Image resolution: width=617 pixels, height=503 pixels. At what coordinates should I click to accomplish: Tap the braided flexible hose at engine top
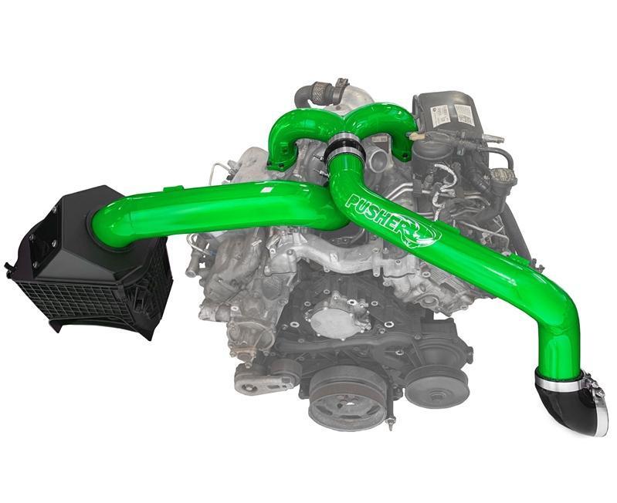(313, 96)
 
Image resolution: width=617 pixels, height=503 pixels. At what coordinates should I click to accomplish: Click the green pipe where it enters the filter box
(108, 224)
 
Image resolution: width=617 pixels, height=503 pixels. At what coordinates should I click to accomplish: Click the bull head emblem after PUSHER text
(423, 231)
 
